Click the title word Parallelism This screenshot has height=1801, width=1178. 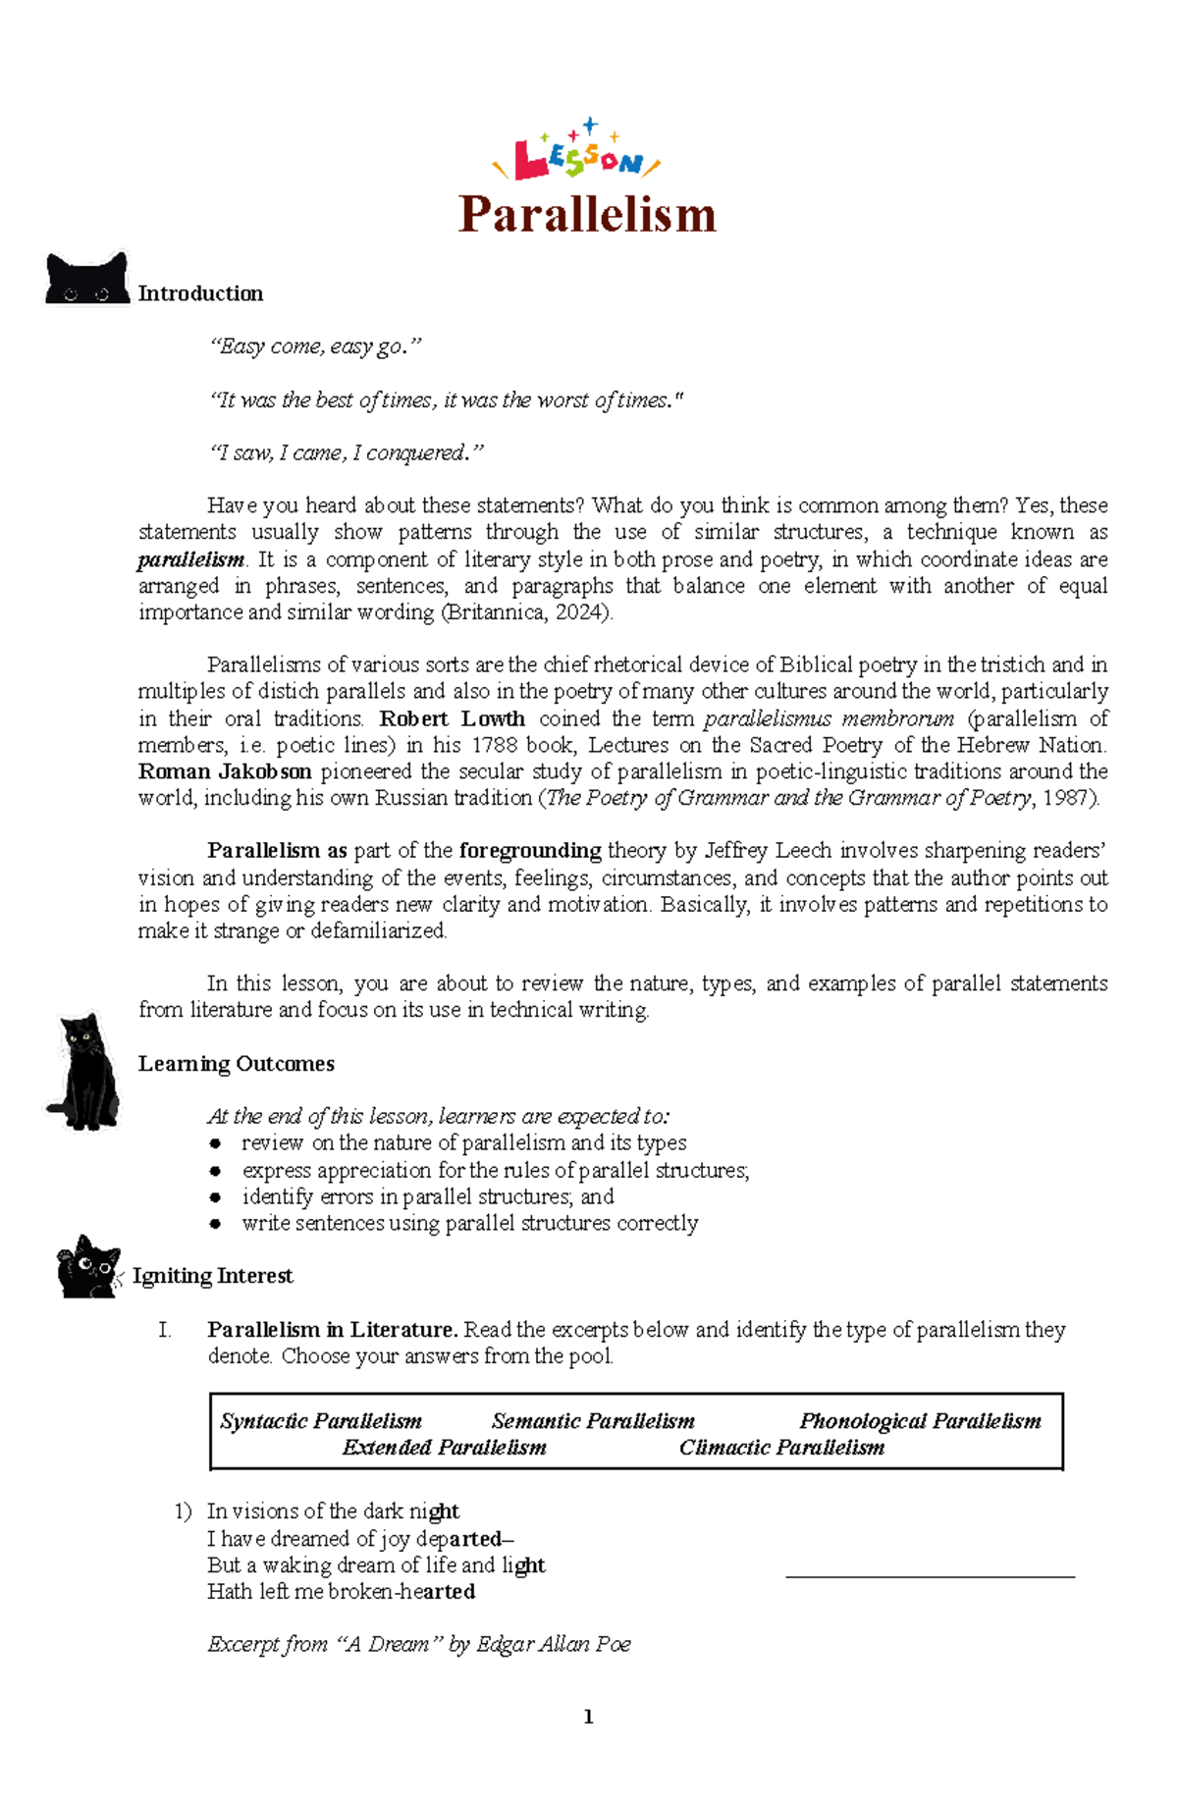click(x=587, y=214)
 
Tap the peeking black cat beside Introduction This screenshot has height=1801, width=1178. click(x=87, y=279)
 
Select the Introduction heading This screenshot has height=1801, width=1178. click(x=200, y=293)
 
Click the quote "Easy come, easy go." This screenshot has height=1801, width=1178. click(x=314, y=346)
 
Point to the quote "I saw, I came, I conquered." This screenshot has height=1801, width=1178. click(x=347, y=452)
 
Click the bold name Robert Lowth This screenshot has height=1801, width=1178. click(x=453, y=718)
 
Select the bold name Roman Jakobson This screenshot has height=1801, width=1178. click(x=225, y=771)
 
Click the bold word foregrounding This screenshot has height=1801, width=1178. click(x=530, y=851)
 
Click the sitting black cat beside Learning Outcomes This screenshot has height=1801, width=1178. click(x=85, y=1071)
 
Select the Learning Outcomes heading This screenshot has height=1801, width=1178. click(x=236, y=1064)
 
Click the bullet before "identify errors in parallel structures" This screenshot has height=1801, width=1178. click(x=215, y=1197)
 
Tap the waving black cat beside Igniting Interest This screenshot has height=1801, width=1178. click(x=88, y=1268)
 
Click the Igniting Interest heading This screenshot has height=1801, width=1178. click(x=212, y=1276)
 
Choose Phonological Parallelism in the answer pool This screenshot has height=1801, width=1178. click(x=920, y=1421)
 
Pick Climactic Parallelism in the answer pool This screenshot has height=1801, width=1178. click(x=781, y=1448)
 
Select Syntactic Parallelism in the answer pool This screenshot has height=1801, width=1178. click(x=321, y=1421)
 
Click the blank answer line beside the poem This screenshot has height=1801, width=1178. click(x=930, y=1575)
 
